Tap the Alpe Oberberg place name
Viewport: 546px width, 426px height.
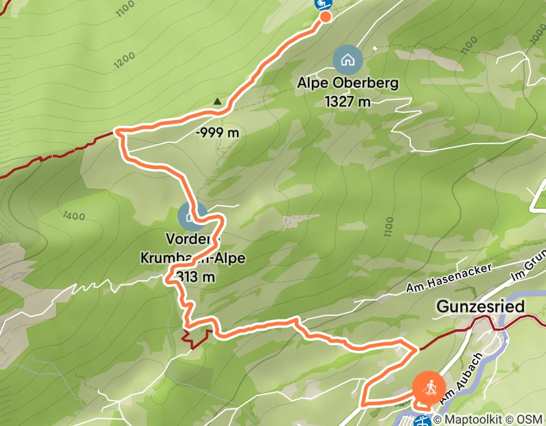point(348,83)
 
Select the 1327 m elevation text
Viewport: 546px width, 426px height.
point(348,102)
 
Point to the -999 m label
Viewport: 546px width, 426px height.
point(218,133)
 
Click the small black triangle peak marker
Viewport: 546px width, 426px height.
point(218,102)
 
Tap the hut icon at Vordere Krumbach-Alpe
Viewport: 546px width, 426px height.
point(192,217)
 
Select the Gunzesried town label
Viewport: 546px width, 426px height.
point(480,307)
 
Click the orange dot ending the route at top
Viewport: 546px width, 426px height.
point(325,16)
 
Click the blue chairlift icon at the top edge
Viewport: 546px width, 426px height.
point(323,4)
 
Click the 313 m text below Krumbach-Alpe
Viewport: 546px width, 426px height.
point(195,277)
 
